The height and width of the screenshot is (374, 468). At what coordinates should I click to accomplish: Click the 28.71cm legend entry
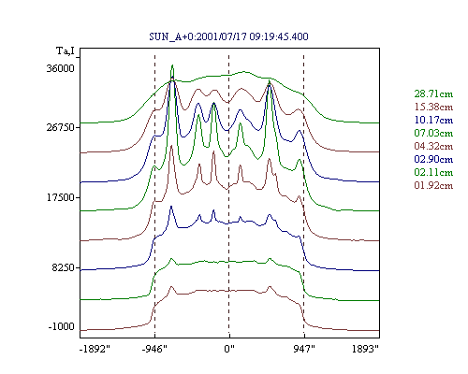(x=433, y=93)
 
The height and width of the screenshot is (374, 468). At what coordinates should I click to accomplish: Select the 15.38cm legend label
(x=433, y=107)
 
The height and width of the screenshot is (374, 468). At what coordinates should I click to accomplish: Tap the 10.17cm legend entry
(x=433, y=120)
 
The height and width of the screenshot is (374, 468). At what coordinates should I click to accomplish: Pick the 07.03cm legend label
(x=433, y=133)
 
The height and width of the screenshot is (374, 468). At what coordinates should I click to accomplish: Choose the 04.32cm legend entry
(x=433, y=146)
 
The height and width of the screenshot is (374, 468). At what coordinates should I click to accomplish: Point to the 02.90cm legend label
(x=433, y=159)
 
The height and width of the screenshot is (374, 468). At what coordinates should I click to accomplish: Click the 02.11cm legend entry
(x=433, y=172)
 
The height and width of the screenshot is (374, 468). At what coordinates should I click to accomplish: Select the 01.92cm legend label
(x=433, y=185)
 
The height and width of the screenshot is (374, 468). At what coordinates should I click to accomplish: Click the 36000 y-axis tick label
(x=60, y=68)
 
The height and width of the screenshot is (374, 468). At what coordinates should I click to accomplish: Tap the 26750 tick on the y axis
(x=60, y=127)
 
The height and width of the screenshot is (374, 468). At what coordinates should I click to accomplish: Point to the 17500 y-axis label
(x=60, y=197)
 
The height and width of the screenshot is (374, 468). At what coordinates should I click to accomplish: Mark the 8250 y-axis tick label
(x=63, y=267)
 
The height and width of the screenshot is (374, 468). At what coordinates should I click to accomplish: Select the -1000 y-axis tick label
(x=62, y=326)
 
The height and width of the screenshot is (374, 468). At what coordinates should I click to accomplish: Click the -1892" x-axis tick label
(x=95, y=349)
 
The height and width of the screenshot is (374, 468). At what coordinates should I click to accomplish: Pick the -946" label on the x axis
(x=154, y=349)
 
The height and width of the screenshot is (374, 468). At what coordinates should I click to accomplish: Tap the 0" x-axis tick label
(x=229, y=349)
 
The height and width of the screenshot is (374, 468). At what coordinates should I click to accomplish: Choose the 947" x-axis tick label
(x=304, y=349)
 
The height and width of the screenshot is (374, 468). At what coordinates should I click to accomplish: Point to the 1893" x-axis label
(x=365, y=349)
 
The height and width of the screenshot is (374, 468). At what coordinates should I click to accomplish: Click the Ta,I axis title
(x=66, y=50)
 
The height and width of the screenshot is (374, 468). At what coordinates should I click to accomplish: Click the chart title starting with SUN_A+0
(x=228, y=36)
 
